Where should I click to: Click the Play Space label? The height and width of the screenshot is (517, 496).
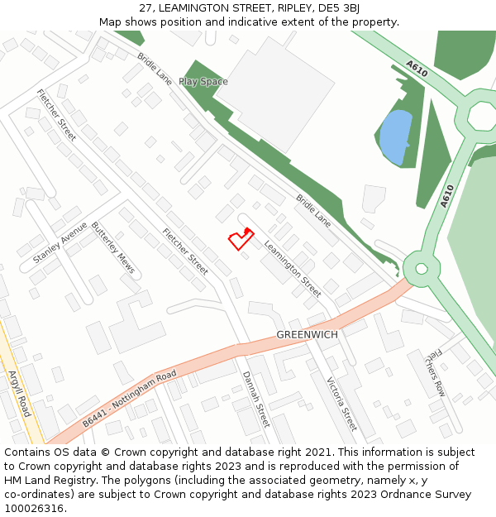point(203,82)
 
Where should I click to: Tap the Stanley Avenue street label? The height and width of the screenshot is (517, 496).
point(60,243)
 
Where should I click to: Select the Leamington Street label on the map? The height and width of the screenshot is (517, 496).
point(293,268)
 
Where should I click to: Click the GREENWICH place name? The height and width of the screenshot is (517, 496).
point(307,334)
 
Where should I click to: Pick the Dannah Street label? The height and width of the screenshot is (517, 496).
point(256,398)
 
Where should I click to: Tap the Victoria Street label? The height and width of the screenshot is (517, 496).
point(341,405)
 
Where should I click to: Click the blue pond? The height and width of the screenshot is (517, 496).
point(394,136)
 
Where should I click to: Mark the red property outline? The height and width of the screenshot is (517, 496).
point(240,239)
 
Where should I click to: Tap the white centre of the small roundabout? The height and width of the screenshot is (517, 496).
point(422,268)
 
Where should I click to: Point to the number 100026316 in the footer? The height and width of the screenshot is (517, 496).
point(35,508)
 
